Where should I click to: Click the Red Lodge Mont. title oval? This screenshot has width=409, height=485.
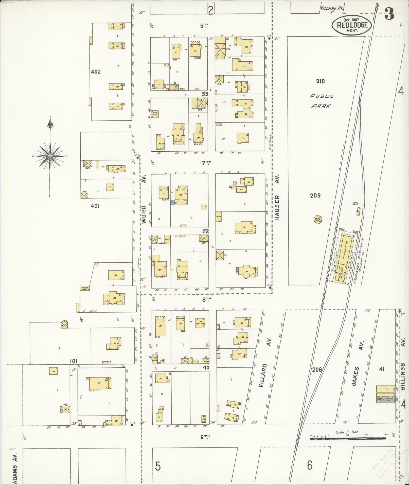(351, 25)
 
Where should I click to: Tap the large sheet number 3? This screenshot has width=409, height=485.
(389, 14)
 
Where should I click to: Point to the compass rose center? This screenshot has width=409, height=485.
(50, 156)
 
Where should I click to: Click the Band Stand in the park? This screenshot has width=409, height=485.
(317, 220)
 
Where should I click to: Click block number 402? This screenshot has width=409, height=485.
(96, 72)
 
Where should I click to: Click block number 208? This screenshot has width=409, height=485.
(317, 369)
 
